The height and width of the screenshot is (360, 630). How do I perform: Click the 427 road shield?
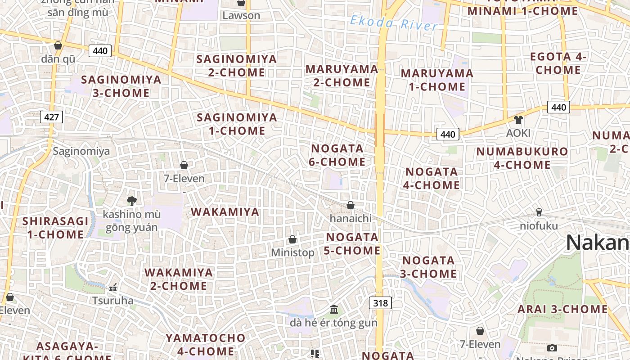point(52,117)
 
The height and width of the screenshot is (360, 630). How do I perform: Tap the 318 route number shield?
point(380,303)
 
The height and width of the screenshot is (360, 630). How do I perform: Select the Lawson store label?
point(241,15)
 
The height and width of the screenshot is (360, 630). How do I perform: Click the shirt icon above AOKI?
point(518,120)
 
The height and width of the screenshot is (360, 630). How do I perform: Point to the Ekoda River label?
point(393,23)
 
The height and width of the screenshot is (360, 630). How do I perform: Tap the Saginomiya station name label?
point(81,151)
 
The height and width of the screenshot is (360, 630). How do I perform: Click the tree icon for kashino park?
point(132,201)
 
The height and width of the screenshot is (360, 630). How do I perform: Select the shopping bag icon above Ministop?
point(292,239)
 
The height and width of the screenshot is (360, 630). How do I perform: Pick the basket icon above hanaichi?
point(351,205)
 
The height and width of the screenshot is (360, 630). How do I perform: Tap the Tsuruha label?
point(113,300)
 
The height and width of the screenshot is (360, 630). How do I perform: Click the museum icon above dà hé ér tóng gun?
point(334,309)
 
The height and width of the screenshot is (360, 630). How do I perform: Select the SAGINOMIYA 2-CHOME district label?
point(237,66)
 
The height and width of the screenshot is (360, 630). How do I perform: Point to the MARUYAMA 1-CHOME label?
point(437,80)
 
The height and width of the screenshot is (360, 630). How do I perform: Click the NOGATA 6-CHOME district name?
point(337,155)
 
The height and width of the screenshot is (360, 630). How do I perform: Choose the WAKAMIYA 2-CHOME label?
point(178,279)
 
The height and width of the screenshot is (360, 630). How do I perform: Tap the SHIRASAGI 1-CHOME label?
point(55,228)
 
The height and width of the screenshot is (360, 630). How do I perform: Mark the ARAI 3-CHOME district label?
point(562,309)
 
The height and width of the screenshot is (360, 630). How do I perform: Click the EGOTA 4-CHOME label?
point(558,63)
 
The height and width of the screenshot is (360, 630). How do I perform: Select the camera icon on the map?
point(552,348)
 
